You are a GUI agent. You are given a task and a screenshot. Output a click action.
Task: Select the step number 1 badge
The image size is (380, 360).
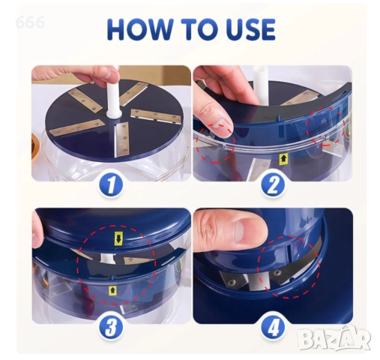pos(111,185)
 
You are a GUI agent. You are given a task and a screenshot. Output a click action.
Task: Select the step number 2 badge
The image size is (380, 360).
pos(273,185)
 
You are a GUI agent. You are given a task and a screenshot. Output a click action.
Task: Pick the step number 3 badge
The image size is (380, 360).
pos(111,326)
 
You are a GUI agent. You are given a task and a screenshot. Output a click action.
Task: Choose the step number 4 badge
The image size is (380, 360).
pos(273,326)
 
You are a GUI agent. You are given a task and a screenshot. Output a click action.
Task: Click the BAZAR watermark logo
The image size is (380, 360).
pos(334,338)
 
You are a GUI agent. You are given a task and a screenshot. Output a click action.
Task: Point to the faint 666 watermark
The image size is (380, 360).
pos(30,22)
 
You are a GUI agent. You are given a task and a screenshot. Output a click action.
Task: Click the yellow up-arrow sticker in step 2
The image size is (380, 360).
pos(283,159)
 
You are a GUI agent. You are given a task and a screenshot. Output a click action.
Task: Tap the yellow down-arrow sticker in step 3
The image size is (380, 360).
pos(118,238)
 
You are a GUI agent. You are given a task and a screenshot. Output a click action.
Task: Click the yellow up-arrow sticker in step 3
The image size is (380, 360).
pos(113,290)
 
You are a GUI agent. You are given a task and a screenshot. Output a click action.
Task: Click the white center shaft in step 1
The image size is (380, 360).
pos(113,95)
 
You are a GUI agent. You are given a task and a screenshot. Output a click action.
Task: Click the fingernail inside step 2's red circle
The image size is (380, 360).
pos(221,126)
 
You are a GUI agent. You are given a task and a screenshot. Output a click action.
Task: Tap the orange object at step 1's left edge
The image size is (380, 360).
pos(36,148)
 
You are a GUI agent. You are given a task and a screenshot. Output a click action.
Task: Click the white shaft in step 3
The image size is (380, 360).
pos(108,259)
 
